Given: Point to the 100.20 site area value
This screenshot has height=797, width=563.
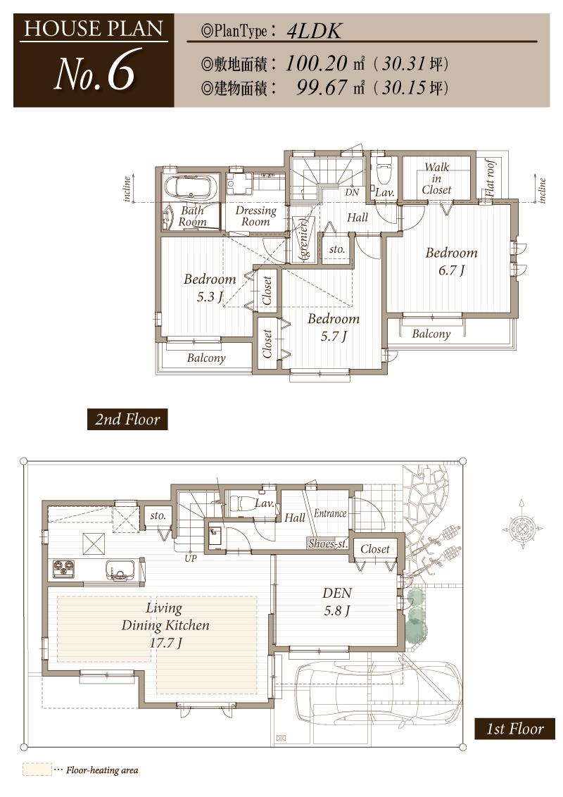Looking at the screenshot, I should pyautogui.click(x=317, y=64).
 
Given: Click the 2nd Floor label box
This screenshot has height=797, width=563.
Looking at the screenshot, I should pyautogui.click(x=127, y=420).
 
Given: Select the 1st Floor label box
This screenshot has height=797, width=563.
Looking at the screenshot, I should pyautogui.click(x=514, y=729).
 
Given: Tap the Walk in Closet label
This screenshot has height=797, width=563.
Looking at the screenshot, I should pyautogui.click(x=436, y=179).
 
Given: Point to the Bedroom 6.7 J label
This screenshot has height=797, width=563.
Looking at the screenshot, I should pyautogui.click(x=451, y=261).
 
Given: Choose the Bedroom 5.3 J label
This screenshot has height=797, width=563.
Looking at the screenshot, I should pyautogui.click(x=209, y=288).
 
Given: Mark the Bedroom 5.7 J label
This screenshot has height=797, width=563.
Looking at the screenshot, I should pyautogui.click(x=333, y=327).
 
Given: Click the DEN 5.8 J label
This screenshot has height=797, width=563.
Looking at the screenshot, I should pyautogui.click(x=336, y=601).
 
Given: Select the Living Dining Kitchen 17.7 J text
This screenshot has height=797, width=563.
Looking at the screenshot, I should pyautogui.click(x=165, y=625).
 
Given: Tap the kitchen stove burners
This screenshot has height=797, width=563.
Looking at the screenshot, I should pyautogui.click(x=63, y=568).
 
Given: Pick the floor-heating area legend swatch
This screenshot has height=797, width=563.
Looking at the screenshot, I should pyautogui.click(x=37, y=770).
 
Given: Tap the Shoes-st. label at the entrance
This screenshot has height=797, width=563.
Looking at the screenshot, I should pyautogui.click(x=327, y=543).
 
